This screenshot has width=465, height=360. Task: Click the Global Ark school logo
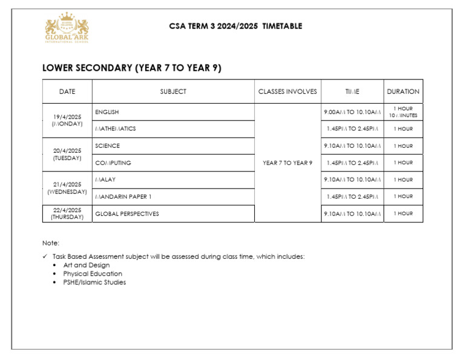pyautogui.click(x=67, y=28)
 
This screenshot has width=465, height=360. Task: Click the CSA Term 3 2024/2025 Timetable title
pyautogui.click(x=236, y=26)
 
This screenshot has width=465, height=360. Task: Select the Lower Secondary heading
pyautogui.click(x=131, y=68)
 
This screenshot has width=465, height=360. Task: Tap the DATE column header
pyautogui.click(x=67, y=92)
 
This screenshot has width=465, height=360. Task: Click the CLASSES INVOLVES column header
pyautogui.click(x=288, y=92)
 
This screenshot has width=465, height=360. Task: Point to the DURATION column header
pyautogui.click(x=403, y=92)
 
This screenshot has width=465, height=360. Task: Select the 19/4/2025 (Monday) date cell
pyautogui.click(x=67, y=120)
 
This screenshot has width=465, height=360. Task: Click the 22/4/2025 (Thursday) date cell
pyautogui.click(x=67, y=214)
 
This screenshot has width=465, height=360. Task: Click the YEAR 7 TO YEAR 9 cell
pyautogui.click(x=288, y=163)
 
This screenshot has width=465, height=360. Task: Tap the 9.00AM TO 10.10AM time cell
pyautogui.click(x=352, y=112)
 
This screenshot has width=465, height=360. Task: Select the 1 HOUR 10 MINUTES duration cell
pyautogui.click(x=403, y=112)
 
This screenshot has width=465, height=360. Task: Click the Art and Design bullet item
pyautogui.click(x=87, y=265)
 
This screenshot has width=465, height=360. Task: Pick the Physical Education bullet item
pyautogui.click(x=93, y=273)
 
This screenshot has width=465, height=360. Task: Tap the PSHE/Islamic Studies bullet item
pyautogui.click(x=94, y=282)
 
